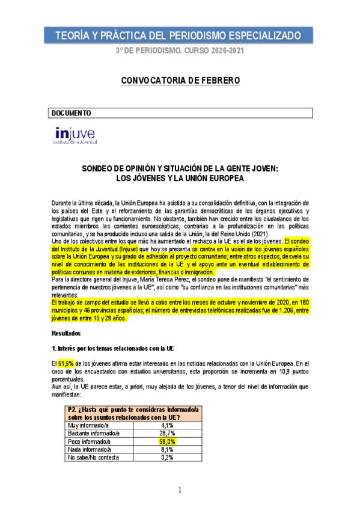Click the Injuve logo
[76, 135]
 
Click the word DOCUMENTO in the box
[72, 112]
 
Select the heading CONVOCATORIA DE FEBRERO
[180, 80]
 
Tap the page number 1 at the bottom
[180, 491]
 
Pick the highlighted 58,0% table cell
[168, 441]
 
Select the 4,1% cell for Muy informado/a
[168, 425]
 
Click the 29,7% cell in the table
[168, 433]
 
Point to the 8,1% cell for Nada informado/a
[168, 449]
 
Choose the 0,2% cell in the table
[168, 456]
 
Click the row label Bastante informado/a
[94, 433]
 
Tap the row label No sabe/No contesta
[94, 456]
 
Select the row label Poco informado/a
[90, 441]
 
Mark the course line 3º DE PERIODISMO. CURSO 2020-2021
[180, 51]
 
